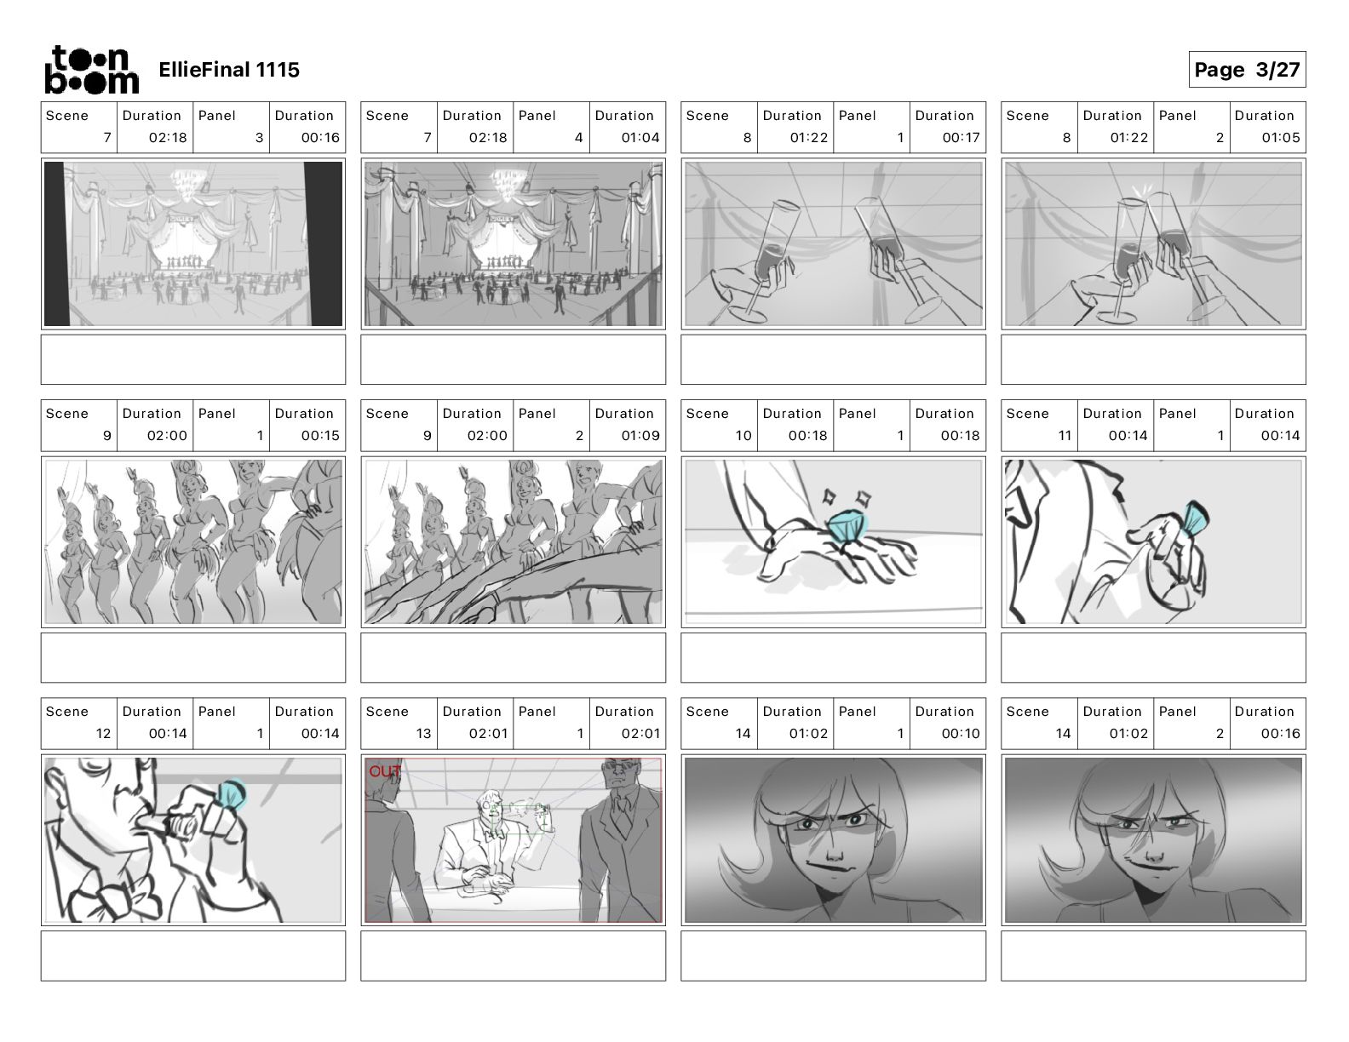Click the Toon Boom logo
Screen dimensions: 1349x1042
pyautogui.click(x=92, y=70)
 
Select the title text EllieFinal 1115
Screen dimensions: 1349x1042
pyautogui.click(x=229, y=70)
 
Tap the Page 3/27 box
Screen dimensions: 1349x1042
pyautogui.click(x=1247, y=70)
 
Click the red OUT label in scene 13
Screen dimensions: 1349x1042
pyautogui.click(x=384, y=771)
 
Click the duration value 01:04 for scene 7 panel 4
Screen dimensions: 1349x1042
pyautogui.click(x=640, y=138)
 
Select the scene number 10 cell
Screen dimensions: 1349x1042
pyautogui.click(x=719, y=426)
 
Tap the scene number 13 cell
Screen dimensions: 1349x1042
pyautogui.click(x=399, y=724)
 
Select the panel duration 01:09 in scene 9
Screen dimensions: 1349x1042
pyautogui.click(x=640, y=436)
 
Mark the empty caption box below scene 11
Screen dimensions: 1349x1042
pyautogui.click(x=1153, y=658)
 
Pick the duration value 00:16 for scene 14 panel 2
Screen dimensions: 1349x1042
pyautogui.click(x=1280, y=734)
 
